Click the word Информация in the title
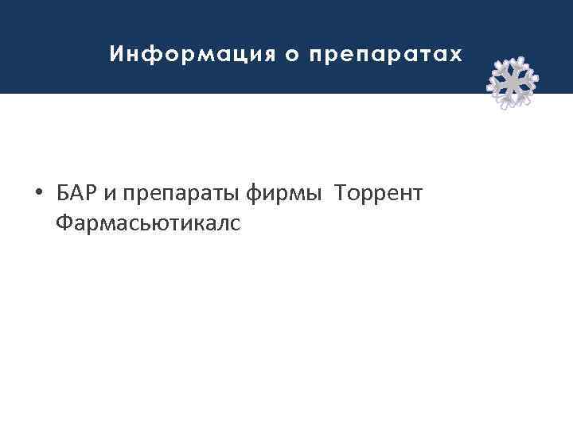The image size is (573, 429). [188, 55]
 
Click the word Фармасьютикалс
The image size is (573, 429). [147, 225]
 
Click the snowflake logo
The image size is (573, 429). [512, 82]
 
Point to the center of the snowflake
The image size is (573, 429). [512, 82]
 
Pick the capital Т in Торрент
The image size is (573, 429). [341, 193]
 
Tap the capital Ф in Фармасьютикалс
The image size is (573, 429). [64, 225]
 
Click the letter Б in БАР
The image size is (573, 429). [63, 193]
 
